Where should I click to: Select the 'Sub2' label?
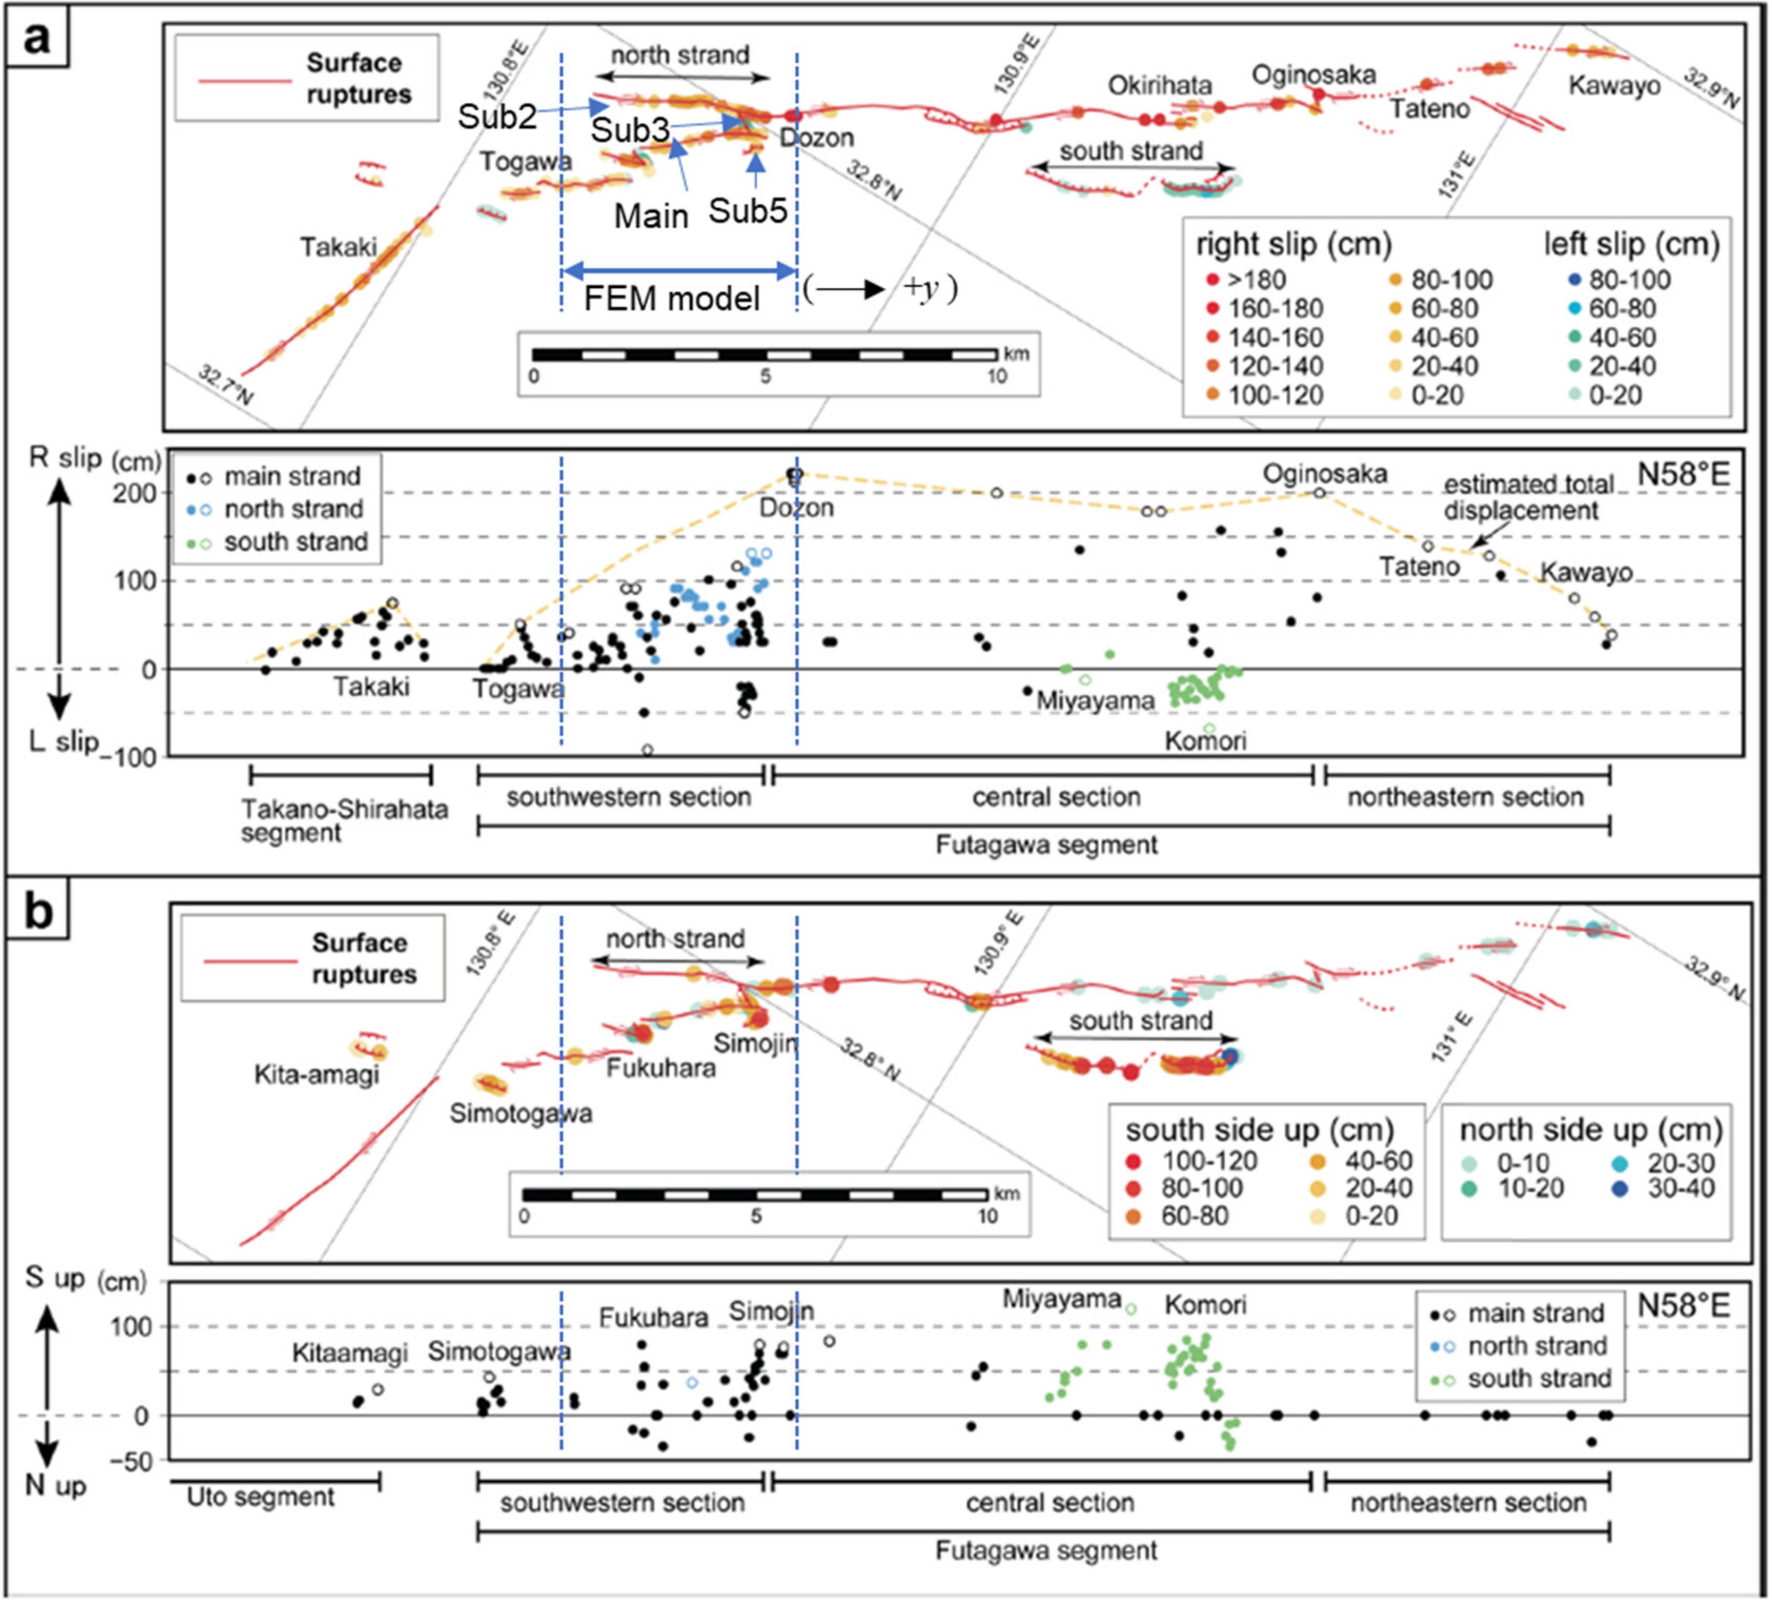[496, 116]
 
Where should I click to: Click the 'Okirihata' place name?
[1159, 85]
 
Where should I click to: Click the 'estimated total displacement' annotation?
[1527, 498]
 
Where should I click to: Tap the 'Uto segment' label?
[260, 1496]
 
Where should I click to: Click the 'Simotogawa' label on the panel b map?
[521, 1114]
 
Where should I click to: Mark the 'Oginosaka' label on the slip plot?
[1325, 474]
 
